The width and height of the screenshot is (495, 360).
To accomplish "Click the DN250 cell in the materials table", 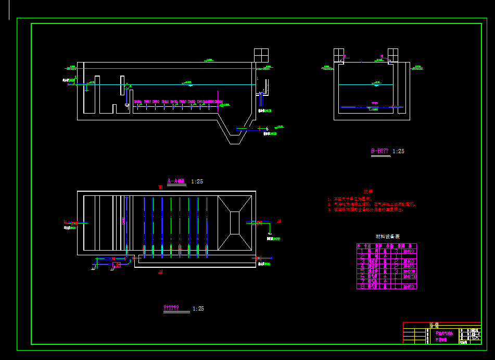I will tap(409, 276).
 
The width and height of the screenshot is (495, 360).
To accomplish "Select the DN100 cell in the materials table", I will tap(409, 271).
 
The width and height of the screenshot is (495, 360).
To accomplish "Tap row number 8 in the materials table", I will tap(362, 287).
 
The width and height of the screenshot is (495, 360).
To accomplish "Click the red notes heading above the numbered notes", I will tap(367, 192).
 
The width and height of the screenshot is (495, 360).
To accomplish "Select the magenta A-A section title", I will tap(176, 181).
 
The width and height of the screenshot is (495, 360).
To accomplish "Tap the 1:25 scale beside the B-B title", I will tap(398, 151).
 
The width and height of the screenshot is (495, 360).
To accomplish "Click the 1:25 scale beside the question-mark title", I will tap(198, 308).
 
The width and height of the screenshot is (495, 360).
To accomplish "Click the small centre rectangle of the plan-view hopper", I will tap(234, 222).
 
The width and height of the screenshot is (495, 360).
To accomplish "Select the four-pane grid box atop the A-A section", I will tap(261, 55).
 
